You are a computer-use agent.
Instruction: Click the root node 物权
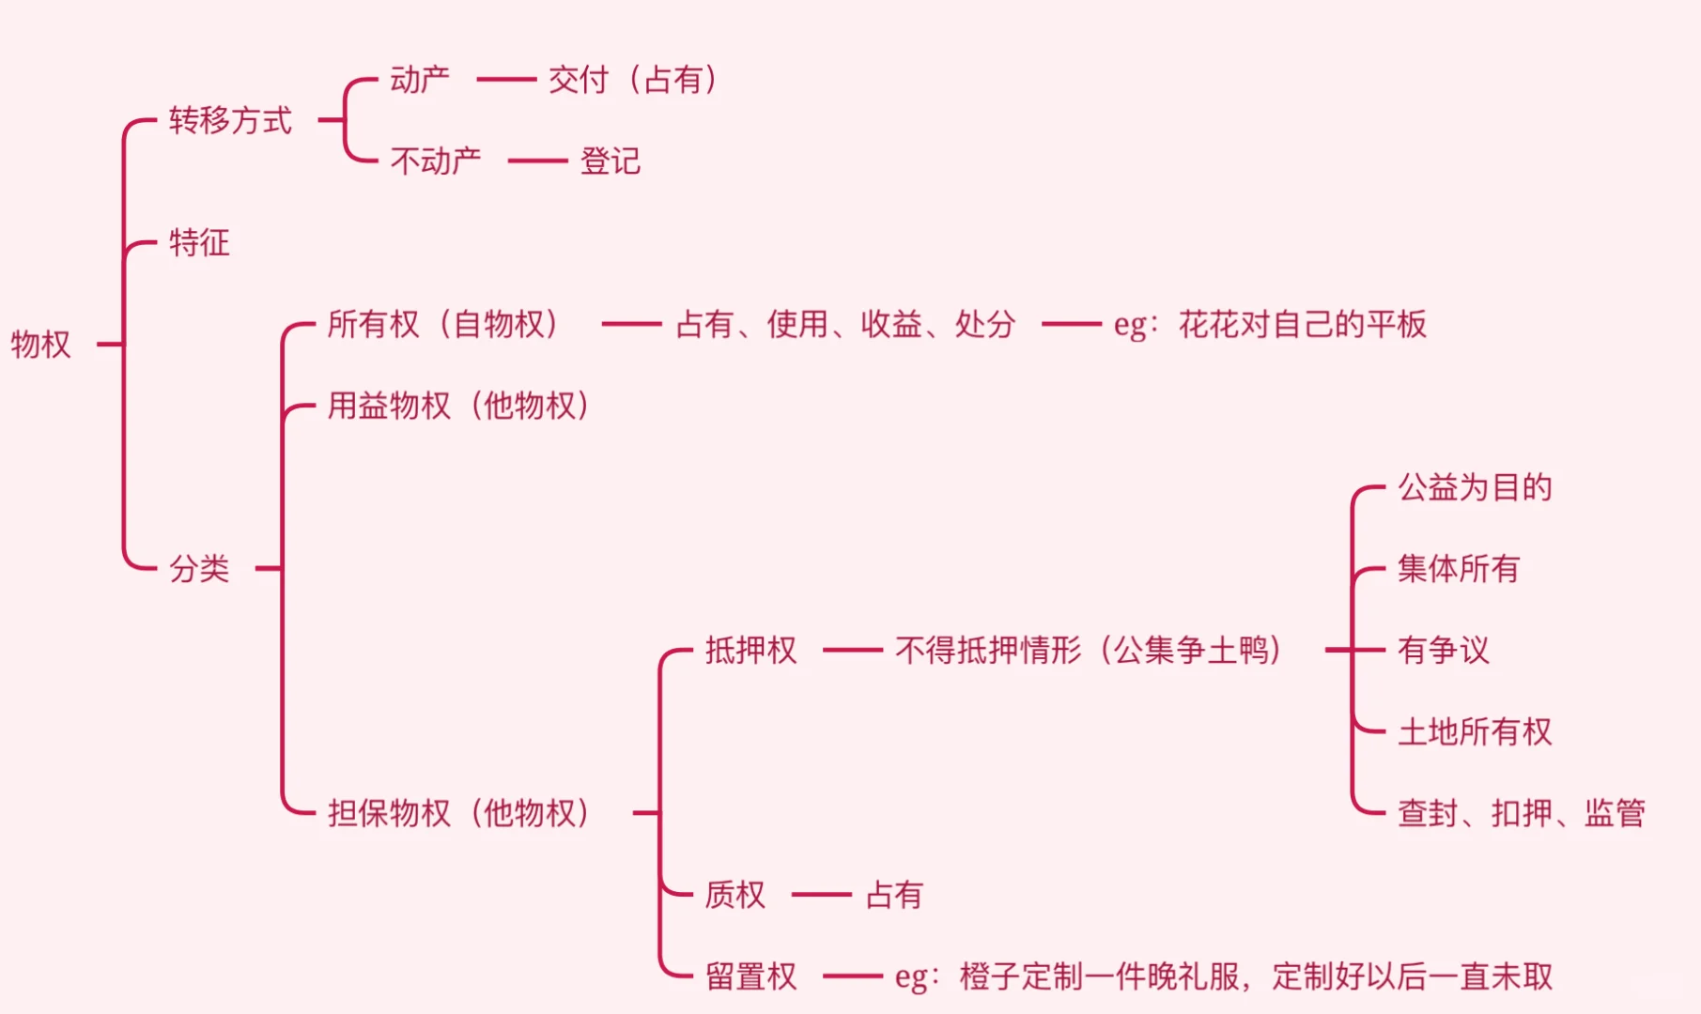point(41,345)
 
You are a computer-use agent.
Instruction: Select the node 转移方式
point(230,121)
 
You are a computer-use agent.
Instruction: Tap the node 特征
point(199,243)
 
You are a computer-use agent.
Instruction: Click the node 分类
point(199,569)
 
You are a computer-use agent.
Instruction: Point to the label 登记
point(611,161)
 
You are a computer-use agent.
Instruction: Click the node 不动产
point(436,161)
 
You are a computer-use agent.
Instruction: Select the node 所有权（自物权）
point(444,325)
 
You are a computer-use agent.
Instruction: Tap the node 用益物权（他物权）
point(459,406)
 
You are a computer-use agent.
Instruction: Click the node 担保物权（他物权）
point(459,813)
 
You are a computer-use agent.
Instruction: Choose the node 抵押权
point(751,650)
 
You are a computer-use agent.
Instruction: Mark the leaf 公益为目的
point(1475,487)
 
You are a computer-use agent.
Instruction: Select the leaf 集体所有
point(1459,569)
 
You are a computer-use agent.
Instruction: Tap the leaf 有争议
point(1444,650)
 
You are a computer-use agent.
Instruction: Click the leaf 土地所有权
point(1475,731)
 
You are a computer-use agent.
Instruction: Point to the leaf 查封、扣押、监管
point(1522,813)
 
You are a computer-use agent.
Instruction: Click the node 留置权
point(751,976)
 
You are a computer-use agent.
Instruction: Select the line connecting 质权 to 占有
point(822,895)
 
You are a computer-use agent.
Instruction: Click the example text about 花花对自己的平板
point(1270,325)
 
